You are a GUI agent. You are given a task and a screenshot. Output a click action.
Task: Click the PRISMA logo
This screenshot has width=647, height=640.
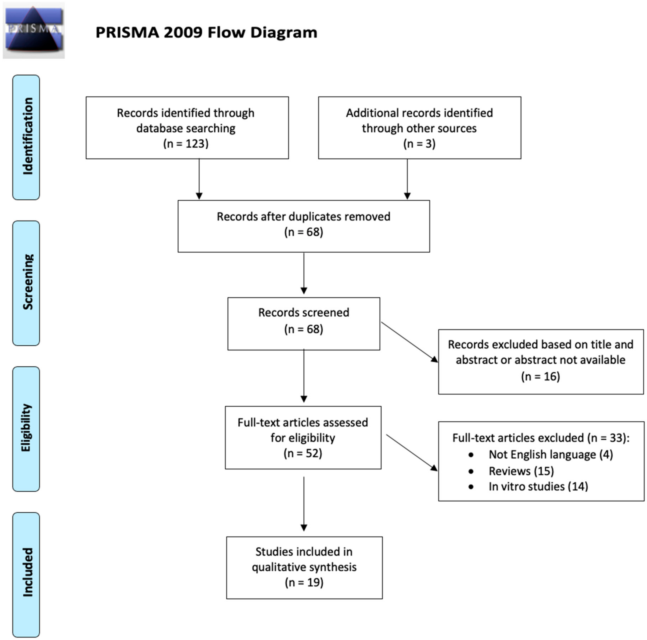(x=34, y=30)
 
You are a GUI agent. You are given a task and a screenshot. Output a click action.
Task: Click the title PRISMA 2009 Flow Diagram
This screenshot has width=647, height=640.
(x=206, y=32)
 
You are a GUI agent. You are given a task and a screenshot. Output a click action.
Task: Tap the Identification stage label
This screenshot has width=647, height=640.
(x=26, y=137)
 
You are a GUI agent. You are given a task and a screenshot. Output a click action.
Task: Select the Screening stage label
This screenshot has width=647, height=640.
(x=26, y=283)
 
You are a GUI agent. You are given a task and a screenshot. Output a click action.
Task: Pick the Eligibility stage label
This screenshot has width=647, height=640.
(x=26, y=429)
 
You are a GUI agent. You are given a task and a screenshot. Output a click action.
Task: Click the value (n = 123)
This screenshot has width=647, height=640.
(x=186, y=144)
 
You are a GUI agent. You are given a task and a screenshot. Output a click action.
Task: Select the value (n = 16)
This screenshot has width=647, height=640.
(x=540, y=376)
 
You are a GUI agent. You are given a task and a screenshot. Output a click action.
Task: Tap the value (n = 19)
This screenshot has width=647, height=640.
(x=304, y=582)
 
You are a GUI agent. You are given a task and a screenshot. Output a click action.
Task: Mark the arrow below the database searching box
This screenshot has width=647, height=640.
(x=199, y=179)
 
